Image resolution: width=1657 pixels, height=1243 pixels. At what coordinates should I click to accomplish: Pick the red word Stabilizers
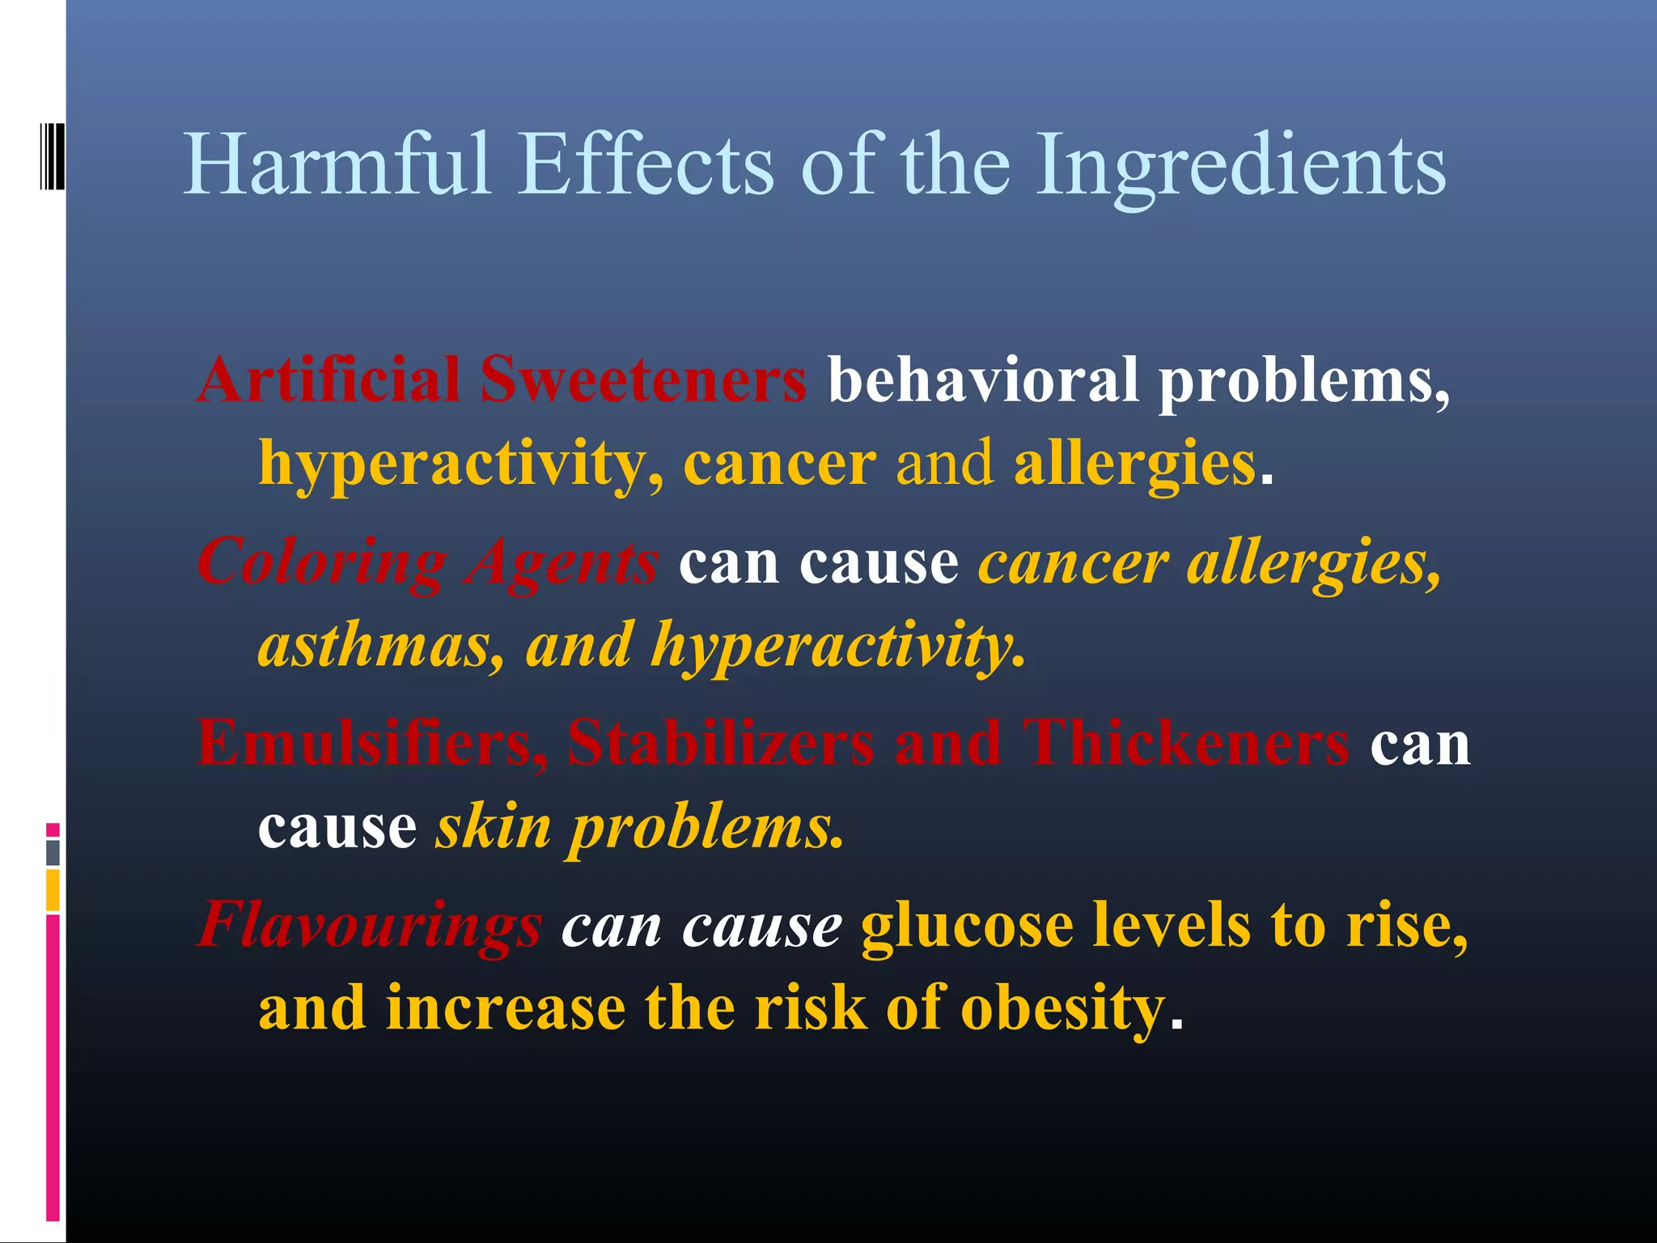tap(721, 743)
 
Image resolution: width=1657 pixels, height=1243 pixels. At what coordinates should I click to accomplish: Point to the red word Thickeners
tap(1186, 743)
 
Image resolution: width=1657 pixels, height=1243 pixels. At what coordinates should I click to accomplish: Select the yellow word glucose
tap(967, 925)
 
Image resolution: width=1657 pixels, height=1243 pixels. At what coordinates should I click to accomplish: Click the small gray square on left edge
tap(53, 852)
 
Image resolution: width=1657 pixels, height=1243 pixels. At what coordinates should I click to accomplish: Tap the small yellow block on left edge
tap(53, 889)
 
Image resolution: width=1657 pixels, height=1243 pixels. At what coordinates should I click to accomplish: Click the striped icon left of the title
tap(52, 156)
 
